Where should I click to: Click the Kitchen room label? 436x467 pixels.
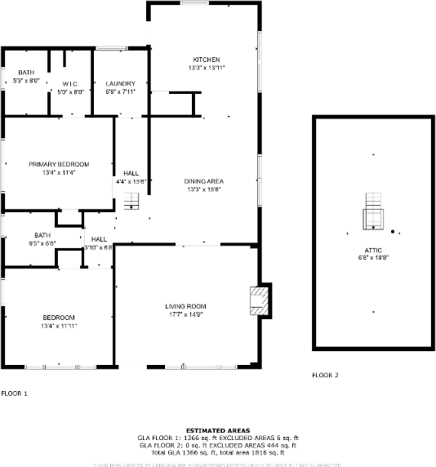pyautogui.click(x=205, y=60)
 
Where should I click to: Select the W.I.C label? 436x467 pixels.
pyautogui.click(x=69, y=84)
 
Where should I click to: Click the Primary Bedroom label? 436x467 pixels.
pyautogui.click(x=58, y=164)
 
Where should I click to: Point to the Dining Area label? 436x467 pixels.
pyautogui.click(x=205, y=180)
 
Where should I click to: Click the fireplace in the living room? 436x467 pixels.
pyautogui.click(x=260, y=300)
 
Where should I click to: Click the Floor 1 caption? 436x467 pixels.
pyautogui.click(x=14, y=394)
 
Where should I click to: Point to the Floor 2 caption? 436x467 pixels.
pyautogui.click(x=325, y=376)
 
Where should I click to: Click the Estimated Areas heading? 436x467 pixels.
pyautogui.click(x=218, y=430)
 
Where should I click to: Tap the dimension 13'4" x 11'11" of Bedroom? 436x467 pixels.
pyautogui.click(x=59, y=326)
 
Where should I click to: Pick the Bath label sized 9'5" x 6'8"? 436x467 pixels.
pyautogui.click(x=20, y=235)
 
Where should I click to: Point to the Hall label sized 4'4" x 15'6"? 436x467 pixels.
pyautogui.click(x=131, y=173)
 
